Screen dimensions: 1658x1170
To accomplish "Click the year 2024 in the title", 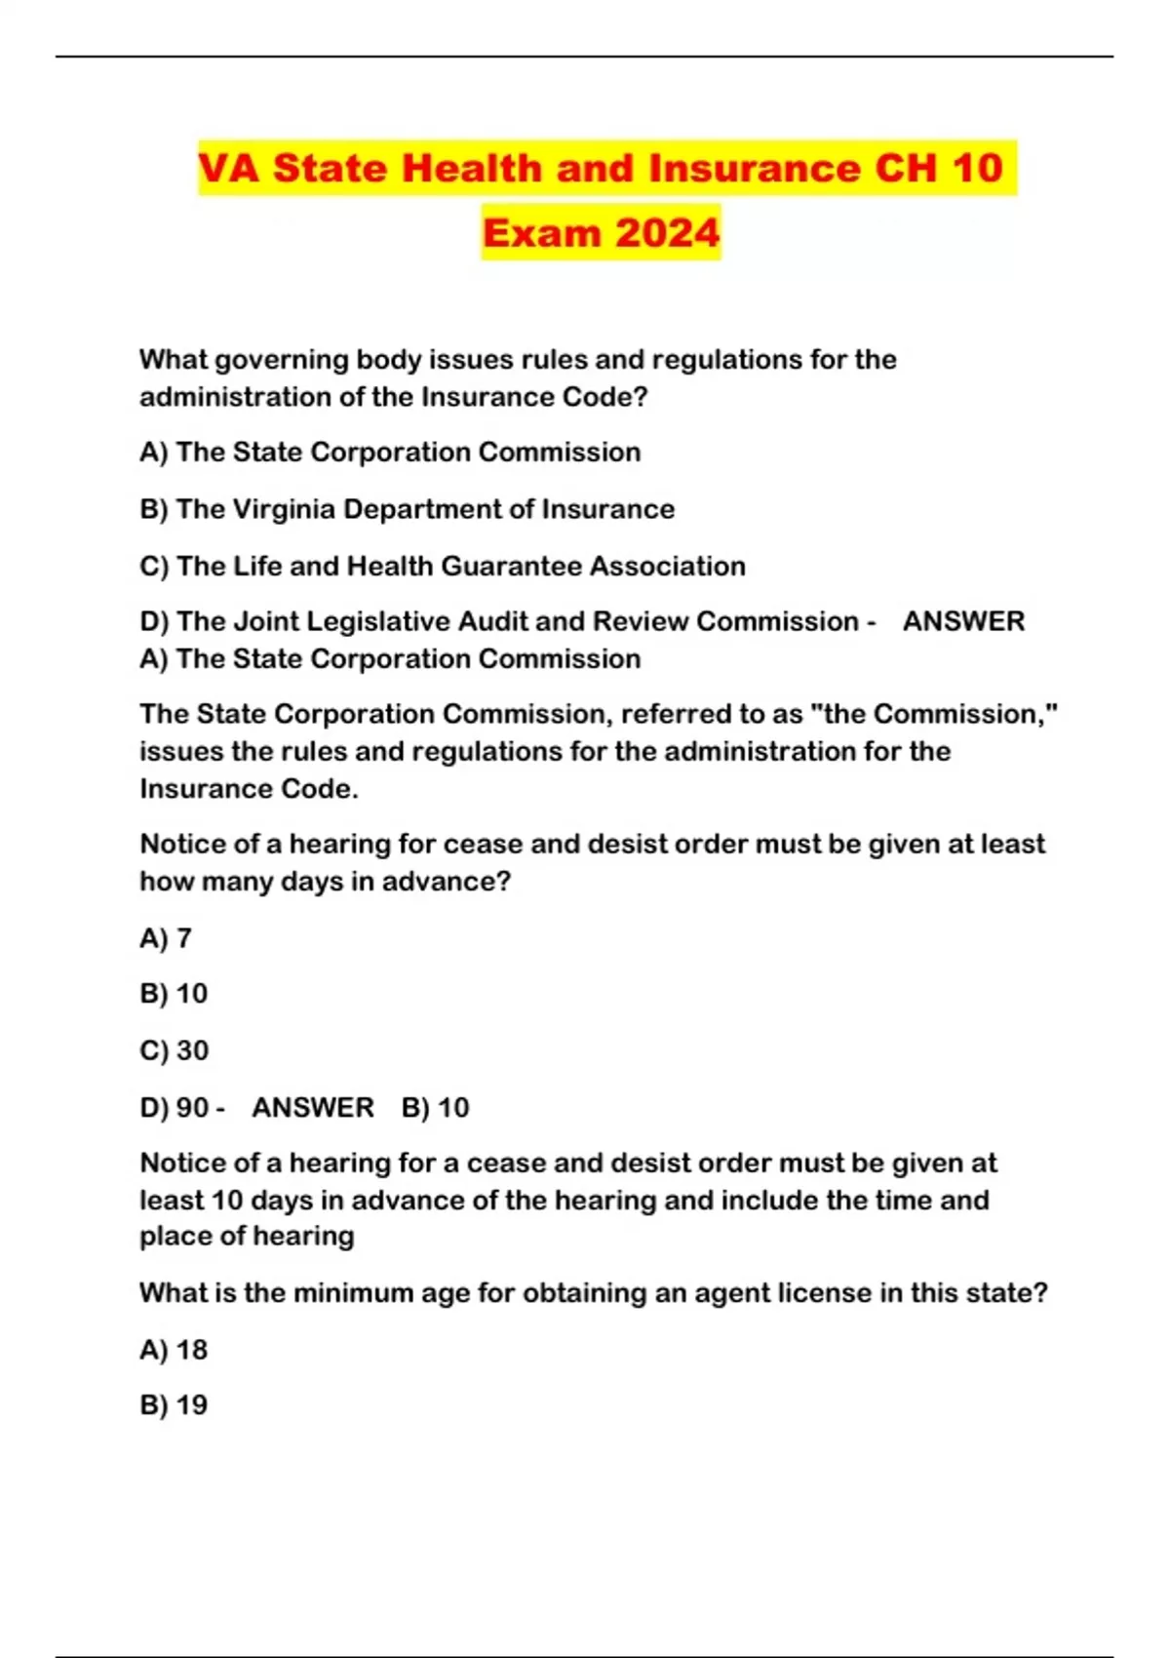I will pos(668,233).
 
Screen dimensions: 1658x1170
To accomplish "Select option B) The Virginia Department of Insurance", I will pos(407,509).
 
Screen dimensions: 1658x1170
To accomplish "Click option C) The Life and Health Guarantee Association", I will pos(442,566).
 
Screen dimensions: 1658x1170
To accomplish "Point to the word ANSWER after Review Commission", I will pos(963,621).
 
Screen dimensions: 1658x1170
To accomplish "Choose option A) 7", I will pos(166,938).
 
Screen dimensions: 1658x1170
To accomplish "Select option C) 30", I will pos(175,1050).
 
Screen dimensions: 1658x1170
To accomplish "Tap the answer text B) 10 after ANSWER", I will pos(435,1108).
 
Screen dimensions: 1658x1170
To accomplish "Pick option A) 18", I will pos(174,1350).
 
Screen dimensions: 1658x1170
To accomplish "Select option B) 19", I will pos(174,1405).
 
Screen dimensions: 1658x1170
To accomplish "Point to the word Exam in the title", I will pos(542,233).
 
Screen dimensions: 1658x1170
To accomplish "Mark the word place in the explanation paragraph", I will pos(173,1237).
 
